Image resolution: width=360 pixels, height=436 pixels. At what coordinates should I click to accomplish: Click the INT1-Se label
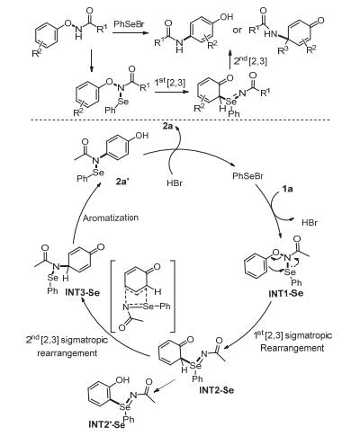286,293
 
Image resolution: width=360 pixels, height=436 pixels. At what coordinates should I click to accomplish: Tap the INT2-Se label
216,391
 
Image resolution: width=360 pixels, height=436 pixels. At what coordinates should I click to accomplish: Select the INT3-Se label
82,292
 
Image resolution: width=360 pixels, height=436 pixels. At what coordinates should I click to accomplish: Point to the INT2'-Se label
104,424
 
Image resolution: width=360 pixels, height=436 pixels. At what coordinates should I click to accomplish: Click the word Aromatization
111,218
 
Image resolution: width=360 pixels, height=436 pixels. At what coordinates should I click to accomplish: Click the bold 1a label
287,189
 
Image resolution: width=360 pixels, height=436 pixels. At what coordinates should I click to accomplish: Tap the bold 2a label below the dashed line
168,127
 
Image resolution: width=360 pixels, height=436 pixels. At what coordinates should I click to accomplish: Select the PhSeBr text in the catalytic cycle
247,176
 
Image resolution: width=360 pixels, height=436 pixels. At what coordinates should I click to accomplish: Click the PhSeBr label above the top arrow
129,24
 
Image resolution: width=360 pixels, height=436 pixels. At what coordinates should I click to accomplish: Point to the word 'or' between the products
237,30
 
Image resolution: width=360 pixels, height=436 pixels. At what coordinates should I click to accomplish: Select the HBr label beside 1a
310,223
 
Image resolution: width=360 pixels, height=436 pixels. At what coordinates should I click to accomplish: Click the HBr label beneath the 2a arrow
175,182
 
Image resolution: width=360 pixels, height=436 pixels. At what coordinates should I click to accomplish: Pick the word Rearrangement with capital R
292,348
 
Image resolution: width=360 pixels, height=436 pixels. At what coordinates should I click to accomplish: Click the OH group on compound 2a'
141,136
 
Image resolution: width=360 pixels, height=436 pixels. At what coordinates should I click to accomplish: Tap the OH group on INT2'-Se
122,380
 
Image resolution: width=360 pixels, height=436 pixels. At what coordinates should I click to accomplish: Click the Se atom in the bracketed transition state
149,307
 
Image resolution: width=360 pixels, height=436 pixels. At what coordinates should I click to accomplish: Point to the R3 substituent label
282,50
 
